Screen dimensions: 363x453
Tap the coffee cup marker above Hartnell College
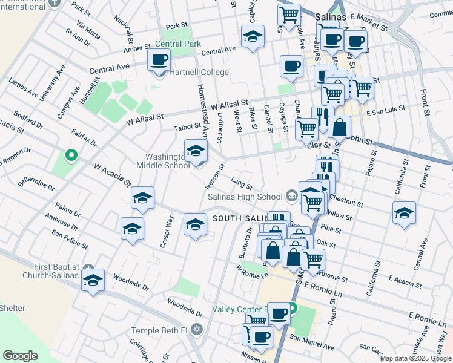(159, 60)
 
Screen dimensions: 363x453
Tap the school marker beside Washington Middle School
(196, 151)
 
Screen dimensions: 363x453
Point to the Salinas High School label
(245, 197)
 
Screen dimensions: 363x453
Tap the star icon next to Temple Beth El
(196, 330)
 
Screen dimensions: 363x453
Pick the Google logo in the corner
(20, 356)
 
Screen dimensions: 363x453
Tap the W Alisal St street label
(230, 105)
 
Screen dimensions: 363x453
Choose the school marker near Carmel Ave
(404, 214)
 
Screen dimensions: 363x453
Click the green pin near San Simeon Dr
(71, 157)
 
